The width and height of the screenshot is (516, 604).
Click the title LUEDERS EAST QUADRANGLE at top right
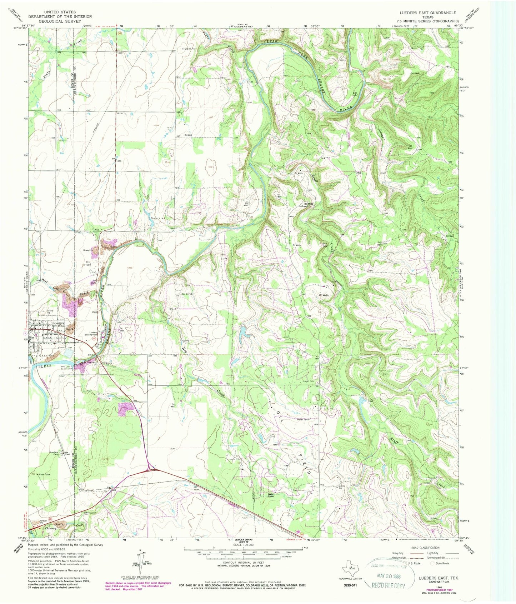(x=428, y=13)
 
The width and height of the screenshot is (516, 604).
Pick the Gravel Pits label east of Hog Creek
(x=309, y=381)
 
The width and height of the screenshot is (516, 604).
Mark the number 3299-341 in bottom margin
(x=350, y=585)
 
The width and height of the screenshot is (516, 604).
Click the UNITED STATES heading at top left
(x=60, y=12)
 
